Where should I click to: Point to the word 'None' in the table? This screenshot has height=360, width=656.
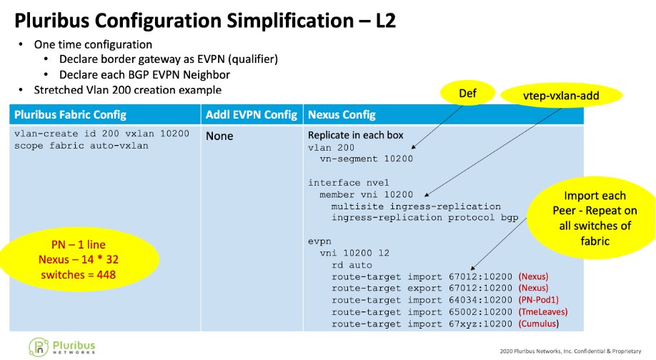[219, 136]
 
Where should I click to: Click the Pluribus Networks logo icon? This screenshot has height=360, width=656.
[38, 346]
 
